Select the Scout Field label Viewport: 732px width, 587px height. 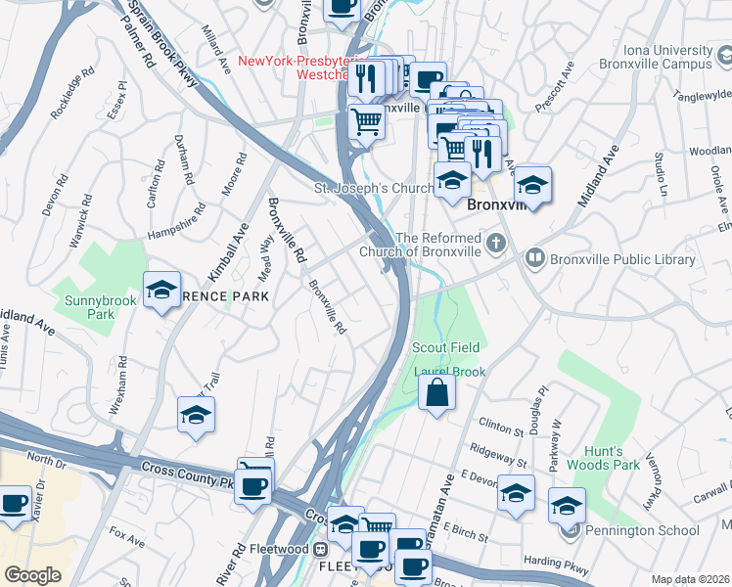click(445, 347)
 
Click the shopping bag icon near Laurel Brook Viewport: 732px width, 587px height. click(437, 393)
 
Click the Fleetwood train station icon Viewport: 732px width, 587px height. click(319, 550)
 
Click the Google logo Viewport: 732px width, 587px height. click(32, 574)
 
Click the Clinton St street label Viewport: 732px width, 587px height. click(502, 425)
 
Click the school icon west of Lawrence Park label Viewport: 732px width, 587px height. click(161, 291)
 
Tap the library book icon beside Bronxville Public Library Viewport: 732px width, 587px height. click(534, 259)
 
